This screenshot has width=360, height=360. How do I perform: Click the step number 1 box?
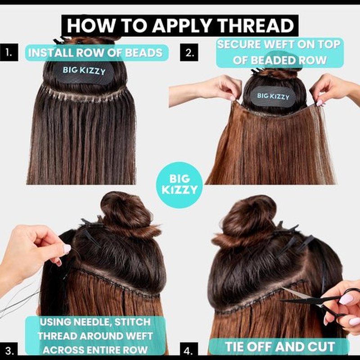[9, 53]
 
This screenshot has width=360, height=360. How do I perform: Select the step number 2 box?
[189, 53]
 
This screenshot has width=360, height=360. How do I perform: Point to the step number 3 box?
[9, 351]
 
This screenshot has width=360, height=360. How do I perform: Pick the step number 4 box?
[189, 351]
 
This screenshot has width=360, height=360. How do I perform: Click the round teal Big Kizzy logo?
[180, 185]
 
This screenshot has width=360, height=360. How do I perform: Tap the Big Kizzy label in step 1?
[84, 71]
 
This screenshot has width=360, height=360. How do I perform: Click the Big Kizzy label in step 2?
[273, 96]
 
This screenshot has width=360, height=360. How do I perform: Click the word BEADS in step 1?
[144, 53]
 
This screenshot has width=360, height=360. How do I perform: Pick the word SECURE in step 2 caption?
[239, 45]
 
